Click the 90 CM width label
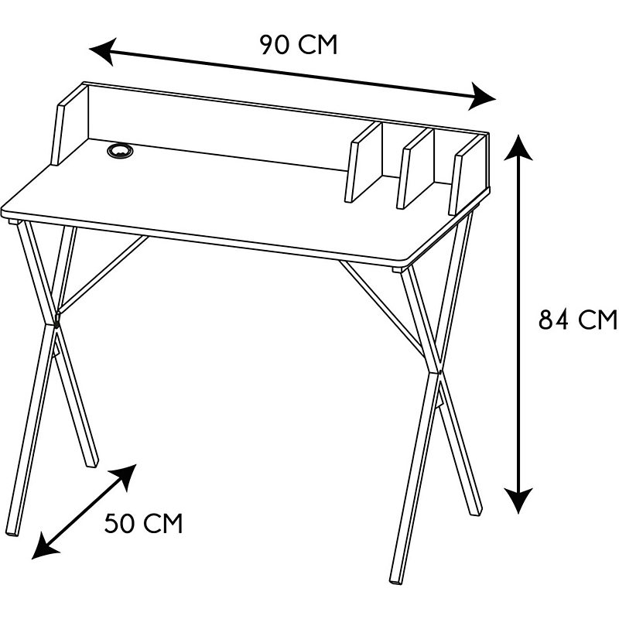point(299,45)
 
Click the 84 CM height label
point(577,319)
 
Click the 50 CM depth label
point(144,524)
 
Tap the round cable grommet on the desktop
point(120,150)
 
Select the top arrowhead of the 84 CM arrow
point(518,147)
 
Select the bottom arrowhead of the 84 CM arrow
point(518,500)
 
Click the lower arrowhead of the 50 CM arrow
point(44,547)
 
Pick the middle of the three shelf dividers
point(416,169)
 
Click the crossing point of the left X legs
point(56,324)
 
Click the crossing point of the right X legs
point(439,372)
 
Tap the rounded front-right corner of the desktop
point(407,262)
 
